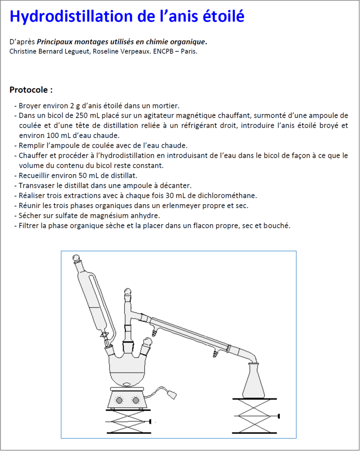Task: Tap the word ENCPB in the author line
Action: [163, 52]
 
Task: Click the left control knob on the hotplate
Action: [119, 400]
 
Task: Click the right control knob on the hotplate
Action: [135, 400]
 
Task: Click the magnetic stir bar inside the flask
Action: [126, 384]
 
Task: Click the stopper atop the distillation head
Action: [127, 293]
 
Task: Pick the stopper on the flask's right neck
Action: [147, 342]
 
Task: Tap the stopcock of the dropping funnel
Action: [105, 335]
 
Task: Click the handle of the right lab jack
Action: [278, 416]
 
